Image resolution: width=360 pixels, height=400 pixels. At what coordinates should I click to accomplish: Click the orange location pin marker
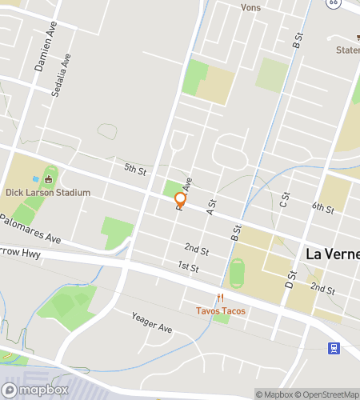(181, 200)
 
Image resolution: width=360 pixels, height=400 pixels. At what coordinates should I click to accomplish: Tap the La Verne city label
(333, 254)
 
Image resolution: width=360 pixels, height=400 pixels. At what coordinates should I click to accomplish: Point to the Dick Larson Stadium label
(47, 193)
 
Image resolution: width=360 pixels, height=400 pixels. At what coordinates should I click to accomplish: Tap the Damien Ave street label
(46, 54)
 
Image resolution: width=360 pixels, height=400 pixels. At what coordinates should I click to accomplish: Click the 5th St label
(135, 170)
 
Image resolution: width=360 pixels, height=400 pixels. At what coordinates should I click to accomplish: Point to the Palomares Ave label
(32, 229)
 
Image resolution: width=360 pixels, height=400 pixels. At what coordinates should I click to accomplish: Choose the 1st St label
(188, 266)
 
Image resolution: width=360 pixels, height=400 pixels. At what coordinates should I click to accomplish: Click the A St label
(212, 206)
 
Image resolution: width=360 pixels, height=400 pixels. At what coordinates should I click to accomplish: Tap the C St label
(283, 201)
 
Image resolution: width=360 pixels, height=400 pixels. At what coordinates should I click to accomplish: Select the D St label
(290, 279)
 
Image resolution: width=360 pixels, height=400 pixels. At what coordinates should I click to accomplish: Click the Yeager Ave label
(151, 322)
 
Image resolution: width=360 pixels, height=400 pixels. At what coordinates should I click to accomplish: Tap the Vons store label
(250, 7)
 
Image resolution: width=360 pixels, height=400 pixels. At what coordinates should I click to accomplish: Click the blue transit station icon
(334, 348)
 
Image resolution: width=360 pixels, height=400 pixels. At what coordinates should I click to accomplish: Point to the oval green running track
(235, 273)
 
